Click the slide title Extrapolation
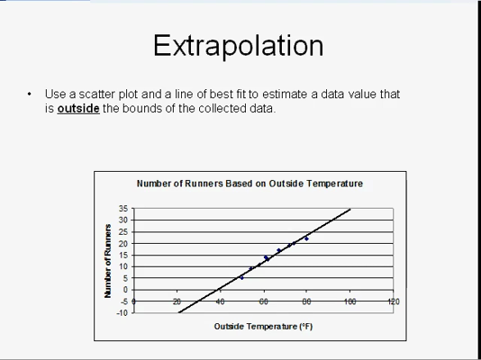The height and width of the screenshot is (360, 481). click(x=239, y=46)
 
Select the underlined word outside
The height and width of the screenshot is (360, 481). click(x=78, y=109)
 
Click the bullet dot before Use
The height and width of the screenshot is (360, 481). click(x=29, y=94)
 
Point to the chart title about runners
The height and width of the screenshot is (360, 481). click(x=250, y=184)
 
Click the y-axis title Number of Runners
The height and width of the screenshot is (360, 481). click(x=108, y=261)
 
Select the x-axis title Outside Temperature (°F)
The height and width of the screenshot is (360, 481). click(x=263, y=327)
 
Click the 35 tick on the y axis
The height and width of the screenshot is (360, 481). click(x=123, y=209)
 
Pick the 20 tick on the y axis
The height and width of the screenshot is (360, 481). click(x=123, y=244)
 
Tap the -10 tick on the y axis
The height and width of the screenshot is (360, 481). click(x=122, y=313)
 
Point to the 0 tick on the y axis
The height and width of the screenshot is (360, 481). click(x=125, y=290)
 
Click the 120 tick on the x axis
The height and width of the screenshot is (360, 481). click(x=394, y=301)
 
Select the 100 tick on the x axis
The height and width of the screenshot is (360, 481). click(x=350, y=301)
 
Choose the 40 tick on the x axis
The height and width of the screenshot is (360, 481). click(x=220, y=301)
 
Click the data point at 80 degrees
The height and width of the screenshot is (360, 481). click(x=306, y=238)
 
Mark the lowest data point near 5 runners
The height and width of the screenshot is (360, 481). click(x=241, y=278)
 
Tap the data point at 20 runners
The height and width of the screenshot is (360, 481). click(x=294, y=243)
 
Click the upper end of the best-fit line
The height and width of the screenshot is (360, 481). click(x=350, y=210)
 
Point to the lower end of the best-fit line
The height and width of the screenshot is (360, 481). click(x=178, y=313)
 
